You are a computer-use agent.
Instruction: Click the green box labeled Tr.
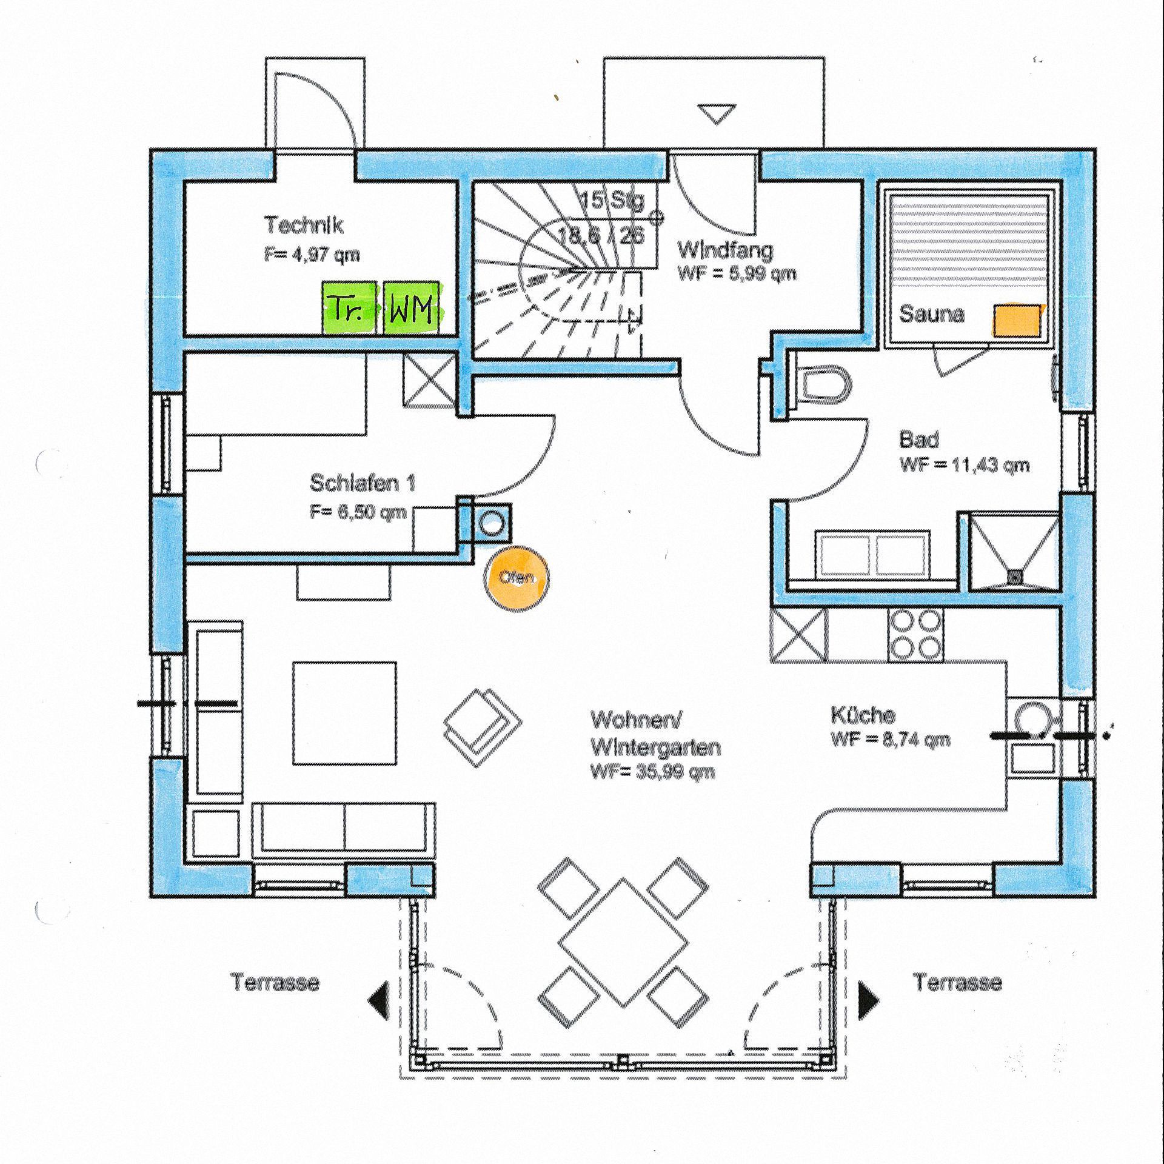347,308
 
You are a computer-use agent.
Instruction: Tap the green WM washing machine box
412,308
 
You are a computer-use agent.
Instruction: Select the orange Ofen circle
517,577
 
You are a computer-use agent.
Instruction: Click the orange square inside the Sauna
1015,319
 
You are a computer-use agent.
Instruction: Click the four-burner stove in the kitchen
915,635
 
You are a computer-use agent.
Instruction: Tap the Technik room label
304,226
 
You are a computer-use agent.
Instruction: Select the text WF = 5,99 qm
737,273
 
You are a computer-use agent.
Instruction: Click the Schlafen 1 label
363,483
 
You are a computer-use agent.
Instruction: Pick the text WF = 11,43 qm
965,465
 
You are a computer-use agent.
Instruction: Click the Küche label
863,715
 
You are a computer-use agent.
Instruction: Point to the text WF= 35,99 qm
652,772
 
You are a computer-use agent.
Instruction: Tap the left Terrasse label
275,982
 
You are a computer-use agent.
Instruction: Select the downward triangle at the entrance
716,113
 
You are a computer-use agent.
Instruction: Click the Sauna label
931,314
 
